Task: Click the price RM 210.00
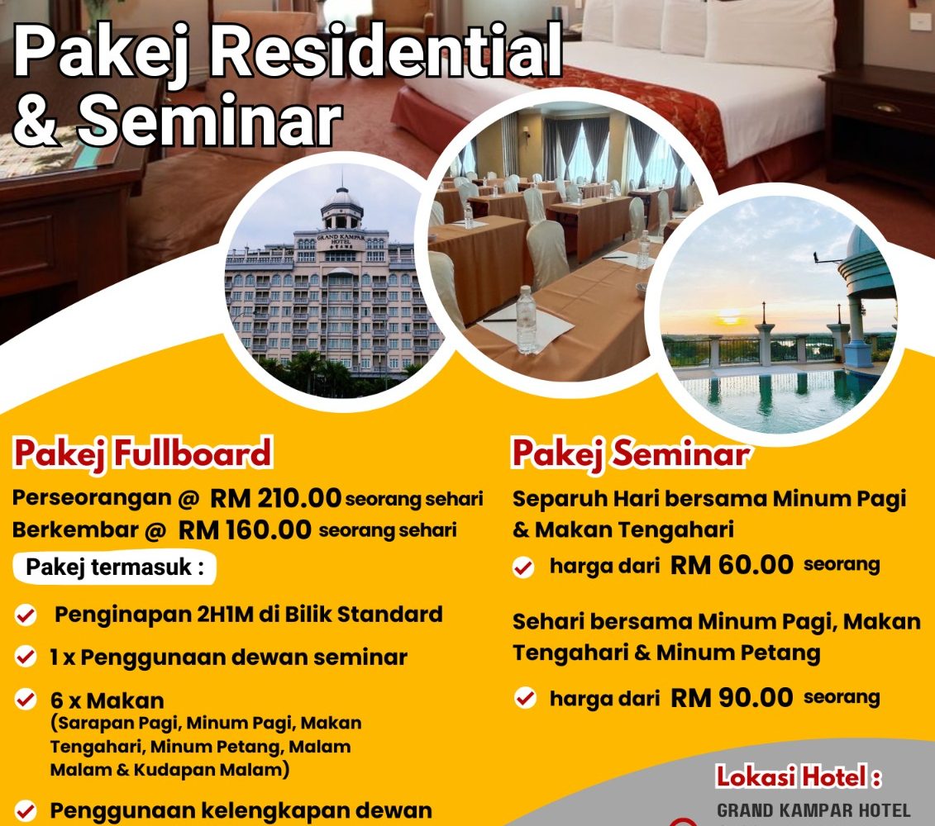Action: (x=275, y=498)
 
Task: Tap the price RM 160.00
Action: (x=245, y=529)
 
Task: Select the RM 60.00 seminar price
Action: (x=732, y=564)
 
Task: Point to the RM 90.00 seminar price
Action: (x=732, y=697)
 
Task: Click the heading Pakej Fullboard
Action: (x=142, y=453)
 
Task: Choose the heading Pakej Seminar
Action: (x=630, y=453)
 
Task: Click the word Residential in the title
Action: (x=385, y=52)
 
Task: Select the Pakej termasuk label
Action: (x=114, y=567)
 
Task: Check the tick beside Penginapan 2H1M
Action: (x=26, y=615)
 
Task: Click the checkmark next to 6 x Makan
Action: (x=26, y=699)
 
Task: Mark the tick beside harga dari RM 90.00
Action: (x=525, y=697)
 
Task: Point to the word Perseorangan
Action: (x=92, y=498)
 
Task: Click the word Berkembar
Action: (x=75, y=529)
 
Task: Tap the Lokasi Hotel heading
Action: (x=799, y=777)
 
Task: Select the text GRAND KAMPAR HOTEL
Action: (x=813, y=811)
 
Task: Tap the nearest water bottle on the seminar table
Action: (x=526, y=320)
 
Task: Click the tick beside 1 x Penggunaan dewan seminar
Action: (x=26, y=657)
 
